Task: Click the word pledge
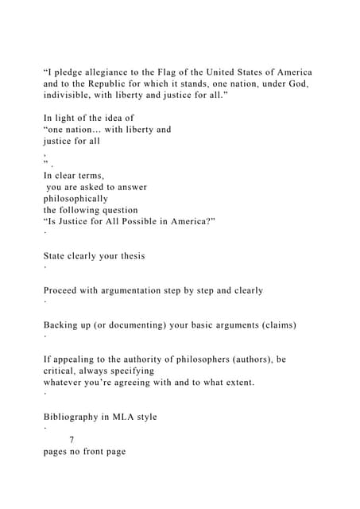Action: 70,72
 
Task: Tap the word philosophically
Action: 75,199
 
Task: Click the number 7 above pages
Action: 72,440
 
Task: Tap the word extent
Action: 234,383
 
